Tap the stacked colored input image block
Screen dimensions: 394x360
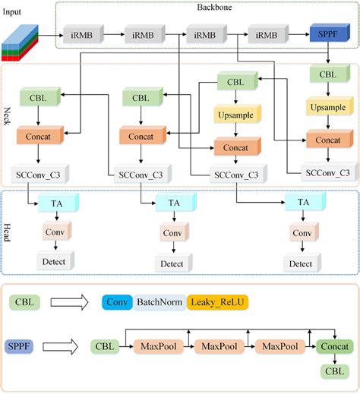(x=20, y=43)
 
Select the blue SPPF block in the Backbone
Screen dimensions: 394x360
(x=327, y=35)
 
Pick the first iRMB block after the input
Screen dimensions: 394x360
(x=81, y=35)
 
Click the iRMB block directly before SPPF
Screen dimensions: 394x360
(x=267, y=35)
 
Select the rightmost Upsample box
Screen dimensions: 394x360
(x=327, y=108)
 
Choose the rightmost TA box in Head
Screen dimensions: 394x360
(x=302, y=202)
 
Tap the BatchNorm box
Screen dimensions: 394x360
(x=159, y=302)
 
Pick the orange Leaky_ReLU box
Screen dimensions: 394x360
(x=217, y=302)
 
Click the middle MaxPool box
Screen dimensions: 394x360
(x=219, y=347)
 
